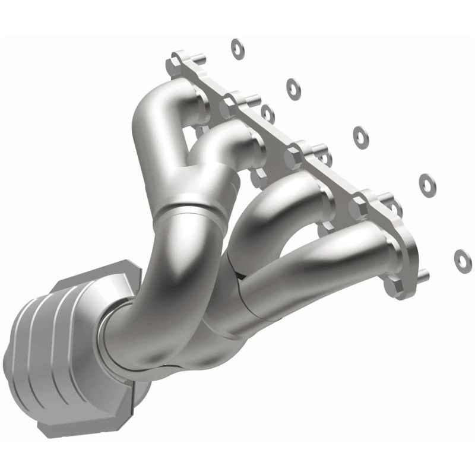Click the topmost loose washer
click(237, 49)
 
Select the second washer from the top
click(293, 88)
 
